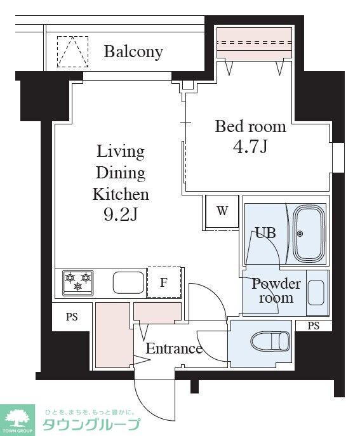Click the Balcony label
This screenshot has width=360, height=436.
pyautogui.click(x=133, y=52)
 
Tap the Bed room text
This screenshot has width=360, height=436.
pyautogui.click(x=250, y=126)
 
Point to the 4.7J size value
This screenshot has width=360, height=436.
pyautogui.click(x=250, y=147)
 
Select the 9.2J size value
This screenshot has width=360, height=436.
pyautogui.click(x=121, y=215)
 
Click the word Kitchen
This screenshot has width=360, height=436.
pyautogui.click(x=121, y=194)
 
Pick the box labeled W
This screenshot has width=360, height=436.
pyautogui.click(x=222, y=213)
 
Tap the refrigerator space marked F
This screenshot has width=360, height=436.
pyautogui.click(x=164, y=282)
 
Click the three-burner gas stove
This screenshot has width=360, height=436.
pyautogui.click(x=78, y=283)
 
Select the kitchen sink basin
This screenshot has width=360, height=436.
pyautogui.click(x=128, y=282)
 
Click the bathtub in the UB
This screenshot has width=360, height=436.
pyautogui.click(x=310, y=234)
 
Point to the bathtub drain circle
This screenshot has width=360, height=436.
pyautogui.click(x=300, y=234)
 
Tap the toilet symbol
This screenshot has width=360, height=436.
pyautogui.click(x=270, y=341)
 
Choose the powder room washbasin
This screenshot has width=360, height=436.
pyautogui.click(x=316, y=293)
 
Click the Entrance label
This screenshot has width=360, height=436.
pyautogui.click(x=174, y=348)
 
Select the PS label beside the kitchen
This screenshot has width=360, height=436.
pyautogui.click(x=72, y=317)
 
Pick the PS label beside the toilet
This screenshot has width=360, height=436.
pyautogui.click(x=314, y=326)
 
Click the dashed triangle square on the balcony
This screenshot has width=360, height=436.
pyautogui.click(x=72, y=51)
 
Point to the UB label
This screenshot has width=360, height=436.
pyautogui.click(x=265, y=233)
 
